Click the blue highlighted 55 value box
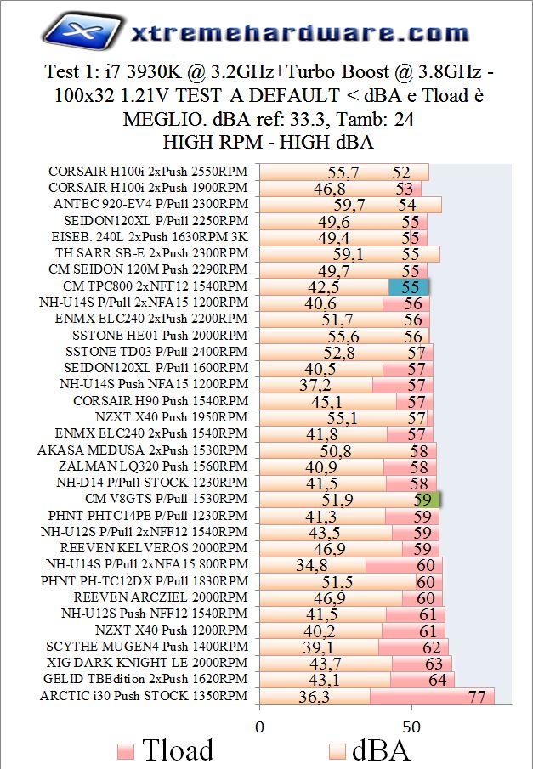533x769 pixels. [x=409, y=286]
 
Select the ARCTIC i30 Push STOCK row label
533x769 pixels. [x=144, y=696]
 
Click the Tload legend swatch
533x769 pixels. [x=125, y=751]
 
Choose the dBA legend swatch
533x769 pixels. [x=337, y=751]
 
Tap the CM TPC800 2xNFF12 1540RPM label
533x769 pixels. [x=155, y=286]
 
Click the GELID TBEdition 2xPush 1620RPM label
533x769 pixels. [x=145, y=679]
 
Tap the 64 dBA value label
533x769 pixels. [x=437, y=680]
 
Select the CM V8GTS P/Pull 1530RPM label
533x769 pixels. [x=167, y=499]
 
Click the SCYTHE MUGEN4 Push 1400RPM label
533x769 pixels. [x=146, y=647]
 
